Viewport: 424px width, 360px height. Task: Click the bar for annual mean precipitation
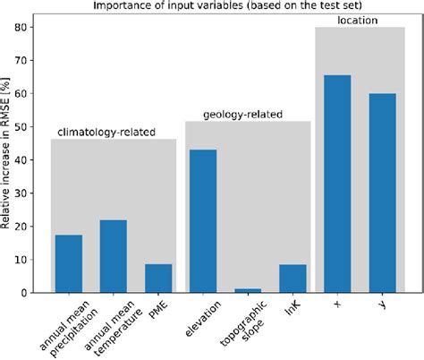tap(69, 263)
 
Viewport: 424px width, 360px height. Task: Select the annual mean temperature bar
tap(114, 256)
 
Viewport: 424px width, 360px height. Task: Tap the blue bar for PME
tap(158, 279)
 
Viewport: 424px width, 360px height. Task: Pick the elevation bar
tap(203, 221)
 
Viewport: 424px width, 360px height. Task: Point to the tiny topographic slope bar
tap(248, 290)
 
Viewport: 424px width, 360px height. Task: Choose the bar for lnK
tap(293, 279)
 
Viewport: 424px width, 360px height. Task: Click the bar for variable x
tap(337, 184)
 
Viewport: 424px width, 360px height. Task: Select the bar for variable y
tap(383, 193)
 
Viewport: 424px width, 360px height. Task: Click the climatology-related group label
tap(106, 133)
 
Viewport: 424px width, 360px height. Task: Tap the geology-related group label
tap(242, 115)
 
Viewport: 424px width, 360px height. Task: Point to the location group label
tap(358, 21)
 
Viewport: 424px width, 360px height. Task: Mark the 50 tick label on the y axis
tap(21, 127)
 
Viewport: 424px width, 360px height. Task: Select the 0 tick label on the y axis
tap(24, 293)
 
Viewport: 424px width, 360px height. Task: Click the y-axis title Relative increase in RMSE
tap(5, 153)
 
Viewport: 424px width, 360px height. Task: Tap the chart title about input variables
tap(227, 5)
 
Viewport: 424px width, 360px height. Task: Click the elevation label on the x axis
tap(203, 319)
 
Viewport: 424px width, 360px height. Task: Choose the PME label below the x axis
tap(158, 310)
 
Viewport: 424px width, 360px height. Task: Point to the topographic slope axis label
tap(244, 323)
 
